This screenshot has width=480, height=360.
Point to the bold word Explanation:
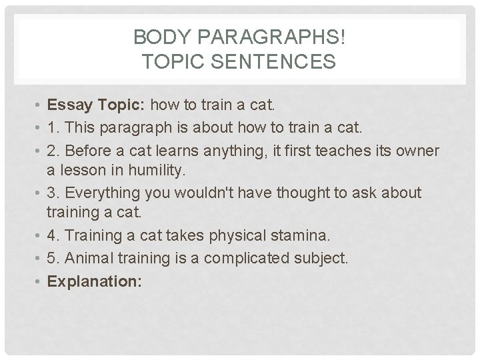pos(94,281)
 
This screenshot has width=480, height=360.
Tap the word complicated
pos(249,258)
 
